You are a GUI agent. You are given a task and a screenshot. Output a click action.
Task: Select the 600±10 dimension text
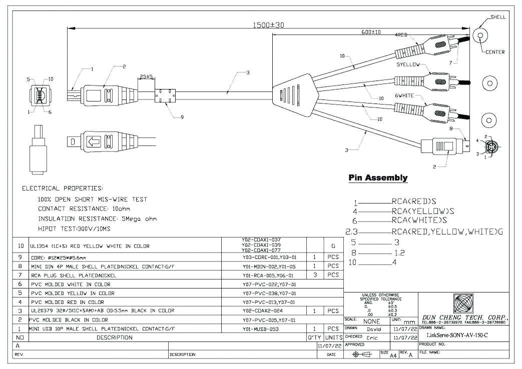pyautogui.click(x=371, y=32)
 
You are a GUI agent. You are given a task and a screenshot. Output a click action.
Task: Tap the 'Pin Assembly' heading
pyautogui.click(x=378, y=178)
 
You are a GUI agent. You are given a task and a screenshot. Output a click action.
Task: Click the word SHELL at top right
pyautogui.click(x=498, y=17)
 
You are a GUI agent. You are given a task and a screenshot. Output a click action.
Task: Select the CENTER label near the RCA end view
pyautogui.click(x=495, y=52)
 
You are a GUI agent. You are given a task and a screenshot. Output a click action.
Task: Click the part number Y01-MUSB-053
pyautogui.click(x=261, y=329)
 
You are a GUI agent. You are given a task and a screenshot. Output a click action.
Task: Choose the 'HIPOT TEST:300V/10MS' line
pyautogui.click(x=74, y=228)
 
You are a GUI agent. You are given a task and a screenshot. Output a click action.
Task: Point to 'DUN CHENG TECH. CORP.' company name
pyautogui.click(x=465, y=317)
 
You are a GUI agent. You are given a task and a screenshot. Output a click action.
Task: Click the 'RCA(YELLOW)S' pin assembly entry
pyautogui.click(x=423, y=211)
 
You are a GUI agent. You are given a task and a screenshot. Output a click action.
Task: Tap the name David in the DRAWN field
pyautogui.click(x=373, y=329)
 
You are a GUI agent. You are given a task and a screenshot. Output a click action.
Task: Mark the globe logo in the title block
pyautogui.click(x=463, y=303)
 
